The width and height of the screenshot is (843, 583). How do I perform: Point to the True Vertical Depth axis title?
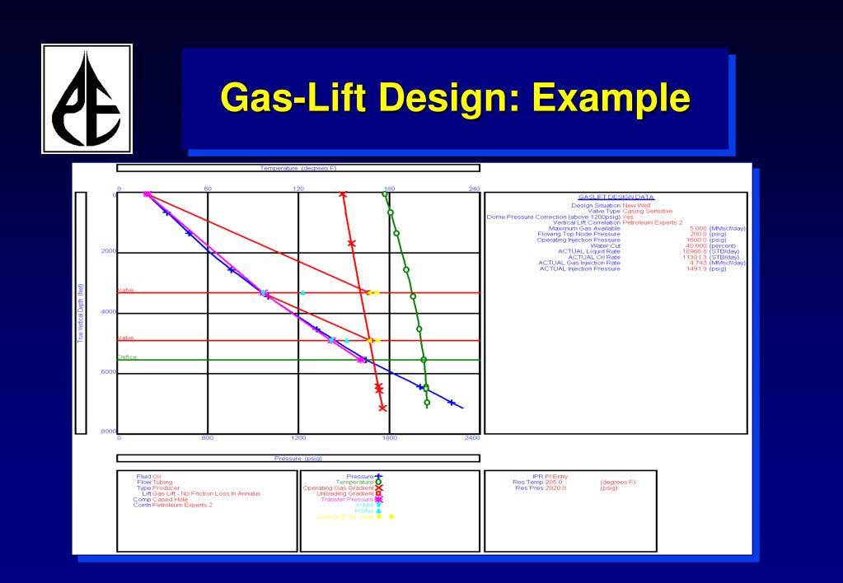click(x=81, y=313)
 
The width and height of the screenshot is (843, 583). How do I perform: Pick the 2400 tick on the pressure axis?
click(x=472, y=437)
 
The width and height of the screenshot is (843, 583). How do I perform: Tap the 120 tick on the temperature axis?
click(x=298, y=189)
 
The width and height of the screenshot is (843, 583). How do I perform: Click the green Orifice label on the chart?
click(x=127, y=357)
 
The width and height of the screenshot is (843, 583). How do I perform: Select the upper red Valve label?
click(x=125, y=290)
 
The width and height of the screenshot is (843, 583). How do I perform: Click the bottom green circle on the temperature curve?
click(x=427, y=403)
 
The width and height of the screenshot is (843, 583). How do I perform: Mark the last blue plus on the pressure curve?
click(x=451, y=403)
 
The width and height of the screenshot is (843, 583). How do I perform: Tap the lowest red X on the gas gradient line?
click(x=382, y=408)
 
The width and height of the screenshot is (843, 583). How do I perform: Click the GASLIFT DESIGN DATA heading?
click(x=616, y=197)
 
